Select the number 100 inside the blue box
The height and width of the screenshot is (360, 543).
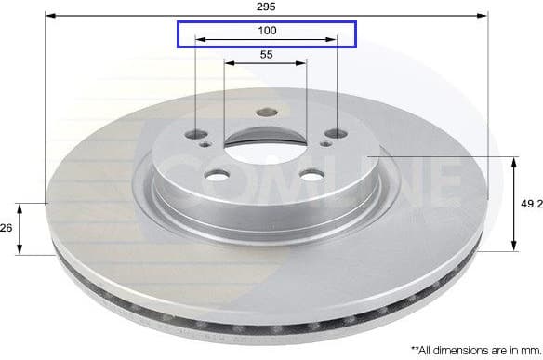[267, 31]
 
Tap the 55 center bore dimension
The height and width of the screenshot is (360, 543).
[266, 55]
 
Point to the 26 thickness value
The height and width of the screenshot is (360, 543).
[7, 227]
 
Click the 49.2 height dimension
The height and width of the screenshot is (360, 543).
[530, 204]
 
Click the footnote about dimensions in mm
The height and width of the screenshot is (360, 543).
[472, 349]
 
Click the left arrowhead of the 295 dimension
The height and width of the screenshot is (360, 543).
[49, 16]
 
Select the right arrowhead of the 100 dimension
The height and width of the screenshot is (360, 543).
[333, 40]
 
